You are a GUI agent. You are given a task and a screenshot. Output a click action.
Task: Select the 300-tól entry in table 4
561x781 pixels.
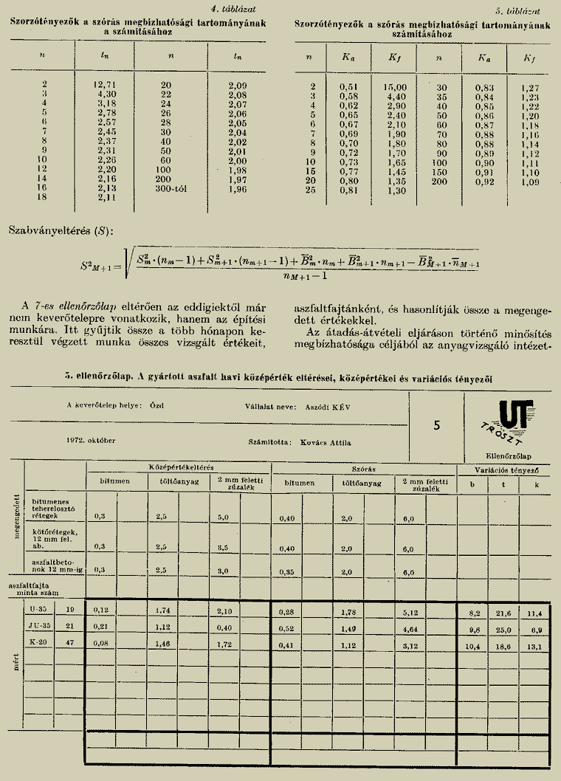pyautogui.click(x=175, y=188)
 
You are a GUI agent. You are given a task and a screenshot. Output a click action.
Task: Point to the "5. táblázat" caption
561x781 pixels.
pyautogui.click(x=519, y=12)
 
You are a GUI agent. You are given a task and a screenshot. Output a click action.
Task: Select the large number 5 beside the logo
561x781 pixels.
pyautogui.click(x=437, y=425)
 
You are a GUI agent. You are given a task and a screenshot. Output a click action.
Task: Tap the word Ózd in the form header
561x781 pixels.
pyautogui.click(x=156, y=406)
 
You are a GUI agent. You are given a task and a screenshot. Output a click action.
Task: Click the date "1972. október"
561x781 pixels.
pyautogui.click(x=91, y=441)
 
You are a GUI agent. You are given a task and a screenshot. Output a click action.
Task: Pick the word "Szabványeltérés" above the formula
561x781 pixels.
pyautogui.click(x=44, y=233)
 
